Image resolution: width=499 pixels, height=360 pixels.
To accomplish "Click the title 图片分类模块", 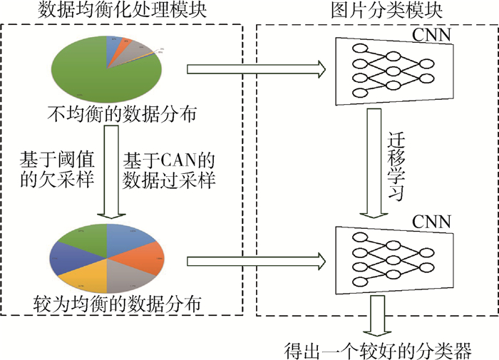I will [x=376, y=11].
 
